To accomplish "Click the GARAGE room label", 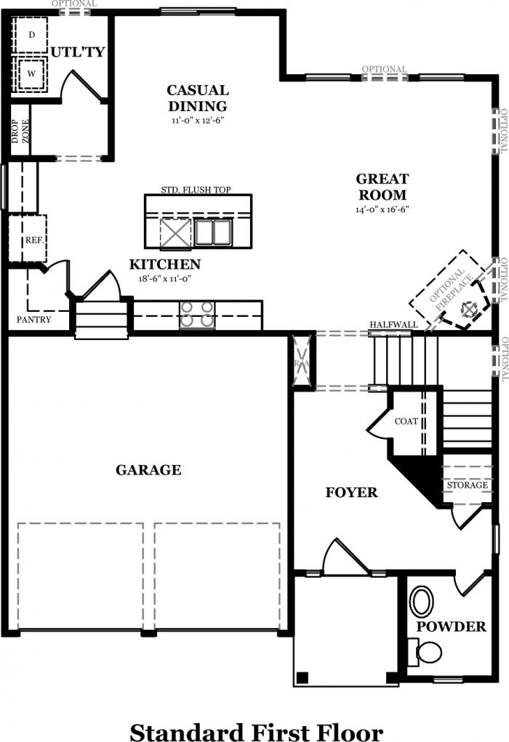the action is (x=148, y=470).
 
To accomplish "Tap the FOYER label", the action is (x=351, y=493).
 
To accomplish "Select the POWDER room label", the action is (x=452, y=626).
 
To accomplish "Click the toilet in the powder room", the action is (x=425, y=652).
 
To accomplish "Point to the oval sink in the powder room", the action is (x=422, y=601).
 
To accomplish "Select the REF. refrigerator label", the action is (x=35, y=241).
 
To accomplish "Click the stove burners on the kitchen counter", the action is (x=196, y=315).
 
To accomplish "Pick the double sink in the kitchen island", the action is (x=212, y=232).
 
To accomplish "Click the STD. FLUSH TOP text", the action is (x=196, y=190).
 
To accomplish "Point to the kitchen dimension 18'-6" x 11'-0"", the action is (x=164, y=279).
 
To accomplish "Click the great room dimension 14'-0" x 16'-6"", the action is (x=382, y=209).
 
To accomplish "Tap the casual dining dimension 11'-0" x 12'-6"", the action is (x=198, y=120).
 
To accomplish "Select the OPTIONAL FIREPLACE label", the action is (x=452, y=290).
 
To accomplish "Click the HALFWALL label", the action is (x=393, y=325).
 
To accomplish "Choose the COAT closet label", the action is (x=406, y=422).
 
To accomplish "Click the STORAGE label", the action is (x=468, y=485).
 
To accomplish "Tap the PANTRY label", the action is (x=33, y=320).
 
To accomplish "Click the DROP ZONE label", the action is (x=21, y=131).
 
